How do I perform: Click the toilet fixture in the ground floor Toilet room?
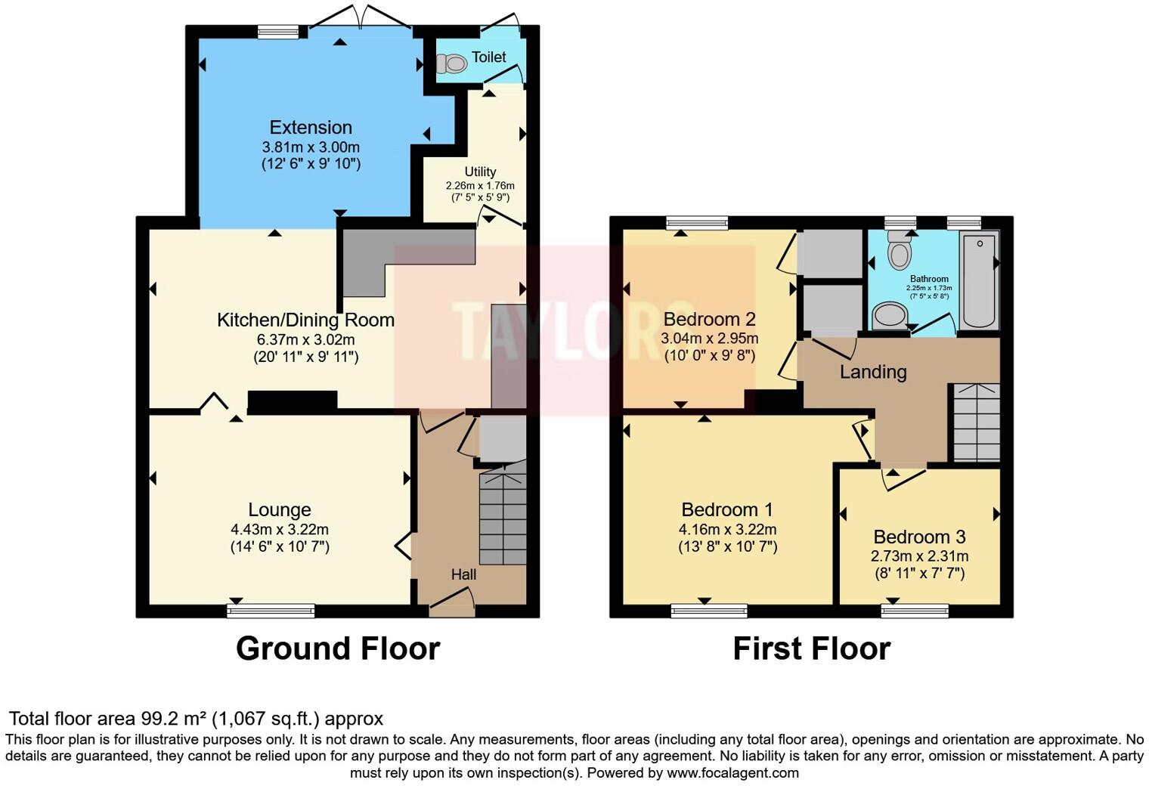coord(454,64)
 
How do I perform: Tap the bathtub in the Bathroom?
coord(979,280)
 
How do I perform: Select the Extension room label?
coord(311,128)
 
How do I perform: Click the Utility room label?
coord(480,172)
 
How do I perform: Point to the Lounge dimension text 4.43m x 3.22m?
coord(280,529)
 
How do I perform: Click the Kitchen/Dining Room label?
coord(305,320)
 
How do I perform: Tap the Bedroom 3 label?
coord(919,537)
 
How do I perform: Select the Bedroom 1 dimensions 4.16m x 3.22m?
coord(727,529)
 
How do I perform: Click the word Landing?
coord(873,372)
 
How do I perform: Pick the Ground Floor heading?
coord(337,648)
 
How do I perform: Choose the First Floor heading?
coord(811,648)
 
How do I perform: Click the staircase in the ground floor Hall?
coord(503,518)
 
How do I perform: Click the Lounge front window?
coord(271,611)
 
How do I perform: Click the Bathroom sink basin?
coord(889,316)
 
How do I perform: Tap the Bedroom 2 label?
coord(709,320)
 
